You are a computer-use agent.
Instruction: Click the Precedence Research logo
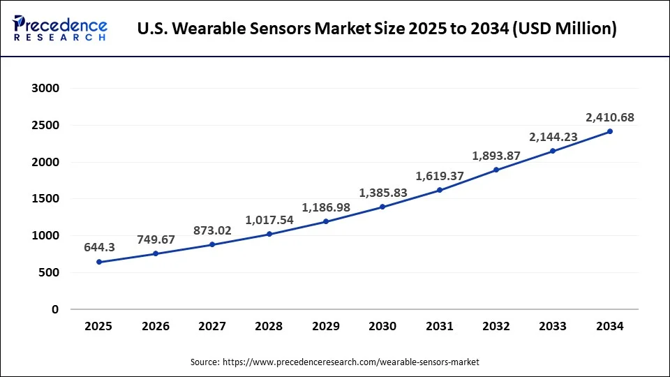pos(60,29)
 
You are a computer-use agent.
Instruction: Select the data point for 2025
pos(99,262)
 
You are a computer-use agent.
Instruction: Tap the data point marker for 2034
pos(610,131)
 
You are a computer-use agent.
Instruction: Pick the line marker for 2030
pos(382,207)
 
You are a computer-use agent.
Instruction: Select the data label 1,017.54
pos(269,220)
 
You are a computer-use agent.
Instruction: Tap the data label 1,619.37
pos(439,176)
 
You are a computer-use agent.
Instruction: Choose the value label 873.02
pos(212,230)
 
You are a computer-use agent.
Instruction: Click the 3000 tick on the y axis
pos(45,89)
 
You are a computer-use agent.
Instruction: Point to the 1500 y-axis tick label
pos(45,199)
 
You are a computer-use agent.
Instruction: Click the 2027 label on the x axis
pos(212,326)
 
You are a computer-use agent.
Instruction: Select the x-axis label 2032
pos(496,326)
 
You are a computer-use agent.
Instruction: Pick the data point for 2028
pos(269,234)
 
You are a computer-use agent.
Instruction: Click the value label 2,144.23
pos(553,137)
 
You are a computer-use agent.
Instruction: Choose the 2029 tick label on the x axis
pos(326,326)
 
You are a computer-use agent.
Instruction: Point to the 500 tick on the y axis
pos(48,272)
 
